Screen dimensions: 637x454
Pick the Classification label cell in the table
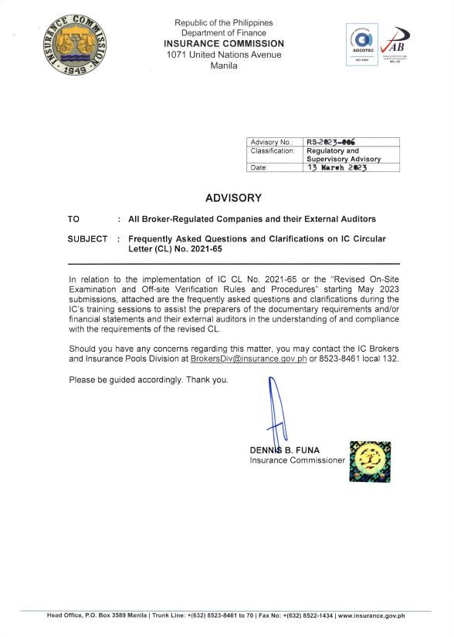272,151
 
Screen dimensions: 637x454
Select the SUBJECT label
87,239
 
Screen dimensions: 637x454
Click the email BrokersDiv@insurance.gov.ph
243,359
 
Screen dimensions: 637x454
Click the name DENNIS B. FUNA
285,450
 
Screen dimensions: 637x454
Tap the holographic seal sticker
370,462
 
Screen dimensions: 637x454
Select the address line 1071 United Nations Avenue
224,55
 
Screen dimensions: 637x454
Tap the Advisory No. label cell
270,142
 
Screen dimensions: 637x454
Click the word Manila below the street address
224,66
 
